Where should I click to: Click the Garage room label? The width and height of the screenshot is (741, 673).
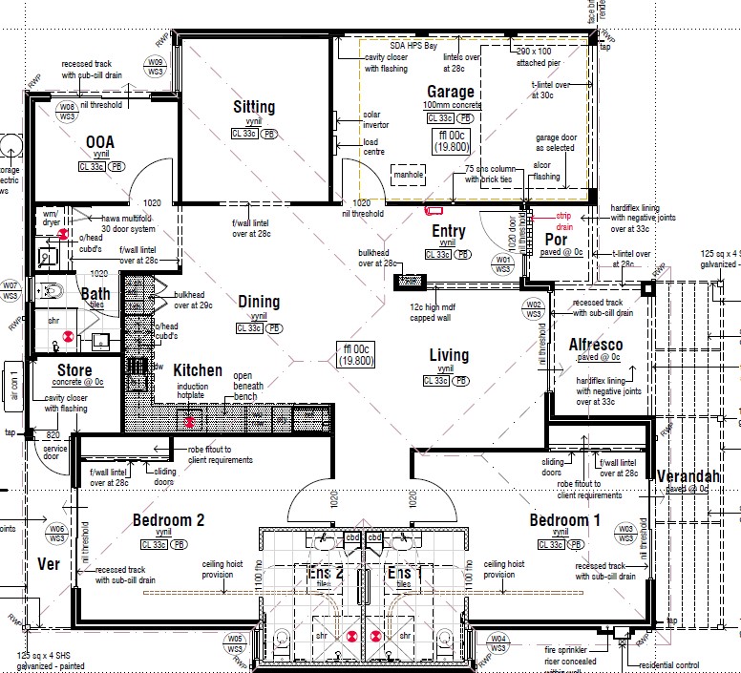451,92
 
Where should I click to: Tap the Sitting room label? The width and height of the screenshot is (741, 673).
254,107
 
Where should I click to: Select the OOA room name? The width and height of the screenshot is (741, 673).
100,142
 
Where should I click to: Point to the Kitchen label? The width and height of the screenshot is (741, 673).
198,370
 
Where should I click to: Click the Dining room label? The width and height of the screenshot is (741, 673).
259,302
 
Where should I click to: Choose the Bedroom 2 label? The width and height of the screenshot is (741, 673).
168,520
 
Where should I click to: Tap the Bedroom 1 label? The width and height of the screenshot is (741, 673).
566,520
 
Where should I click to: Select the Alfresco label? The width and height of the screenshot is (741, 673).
596,344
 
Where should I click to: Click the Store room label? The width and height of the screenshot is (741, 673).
74,370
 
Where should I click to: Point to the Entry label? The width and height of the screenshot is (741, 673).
449,231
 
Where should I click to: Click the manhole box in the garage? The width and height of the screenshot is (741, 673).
410,174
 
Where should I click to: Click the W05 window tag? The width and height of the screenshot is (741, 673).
235,642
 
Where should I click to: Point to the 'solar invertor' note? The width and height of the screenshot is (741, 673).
372,119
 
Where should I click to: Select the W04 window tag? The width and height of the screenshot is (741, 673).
498,642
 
